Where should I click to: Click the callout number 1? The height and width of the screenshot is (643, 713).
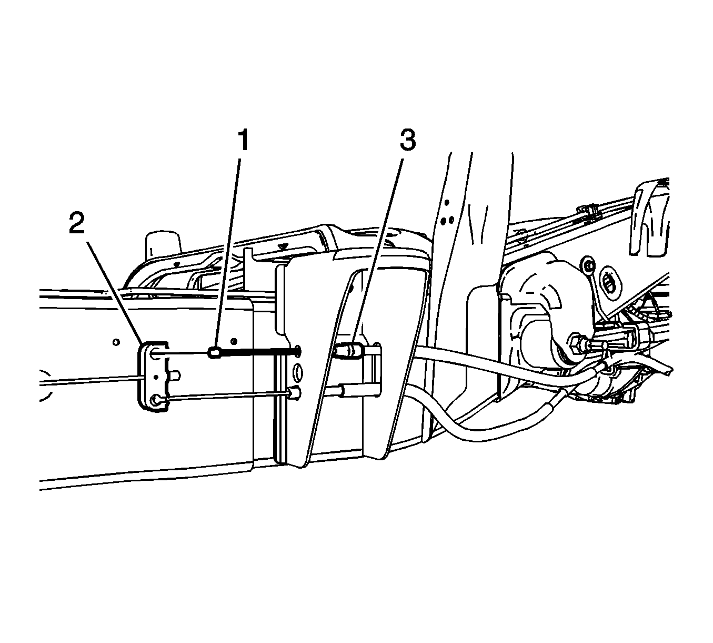(243, 141)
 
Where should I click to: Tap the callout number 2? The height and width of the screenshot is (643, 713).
(77, 223)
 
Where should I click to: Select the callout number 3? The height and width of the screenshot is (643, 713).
(407, 140)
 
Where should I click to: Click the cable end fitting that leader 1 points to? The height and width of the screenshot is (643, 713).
(214, 353)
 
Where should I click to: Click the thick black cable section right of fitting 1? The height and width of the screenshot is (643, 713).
(258, 352)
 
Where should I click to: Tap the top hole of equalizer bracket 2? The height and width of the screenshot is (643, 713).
(155, 354)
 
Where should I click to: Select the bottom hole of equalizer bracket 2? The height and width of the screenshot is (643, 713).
(155, 400)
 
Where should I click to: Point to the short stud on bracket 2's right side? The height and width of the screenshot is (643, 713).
(175, 375)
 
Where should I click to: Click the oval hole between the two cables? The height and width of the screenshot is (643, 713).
(297, 372)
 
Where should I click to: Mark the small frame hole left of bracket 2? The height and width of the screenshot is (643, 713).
(116, 342)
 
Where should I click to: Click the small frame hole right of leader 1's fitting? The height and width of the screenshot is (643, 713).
(233, 342)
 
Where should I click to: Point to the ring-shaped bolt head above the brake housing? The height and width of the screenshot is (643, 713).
(588, 265)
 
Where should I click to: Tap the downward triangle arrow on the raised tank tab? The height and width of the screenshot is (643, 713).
(283, 246)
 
